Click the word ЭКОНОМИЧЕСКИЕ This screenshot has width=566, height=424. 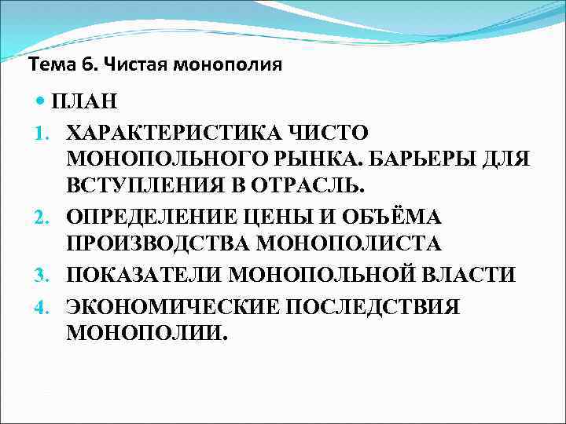pos(161,304)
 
